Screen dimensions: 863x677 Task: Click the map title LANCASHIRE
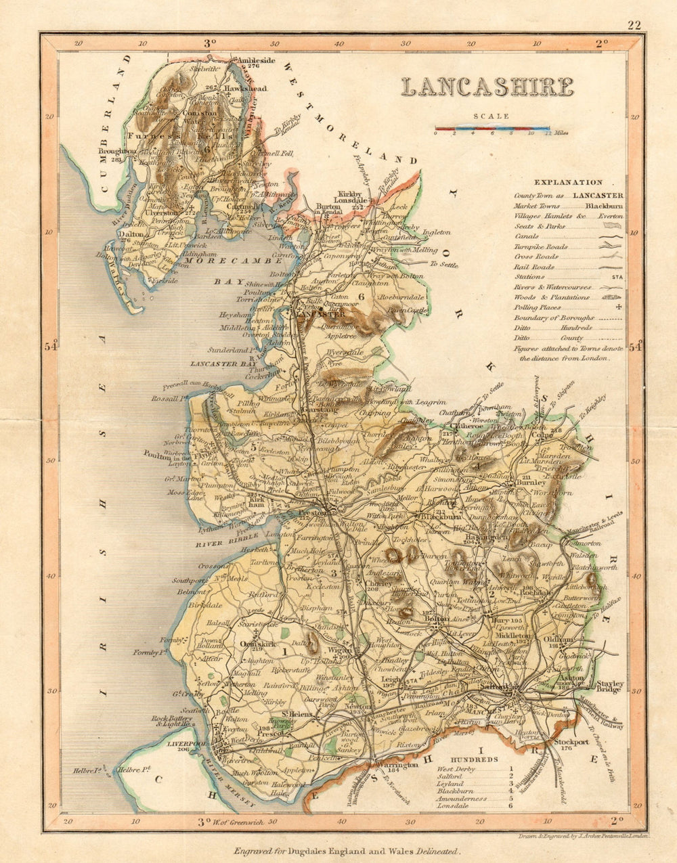[487, 87]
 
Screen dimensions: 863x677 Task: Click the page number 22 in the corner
[634, 26]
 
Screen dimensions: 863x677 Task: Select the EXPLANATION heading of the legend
[568, 182]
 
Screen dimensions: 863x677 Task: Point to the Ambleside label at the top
[255, 60]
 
